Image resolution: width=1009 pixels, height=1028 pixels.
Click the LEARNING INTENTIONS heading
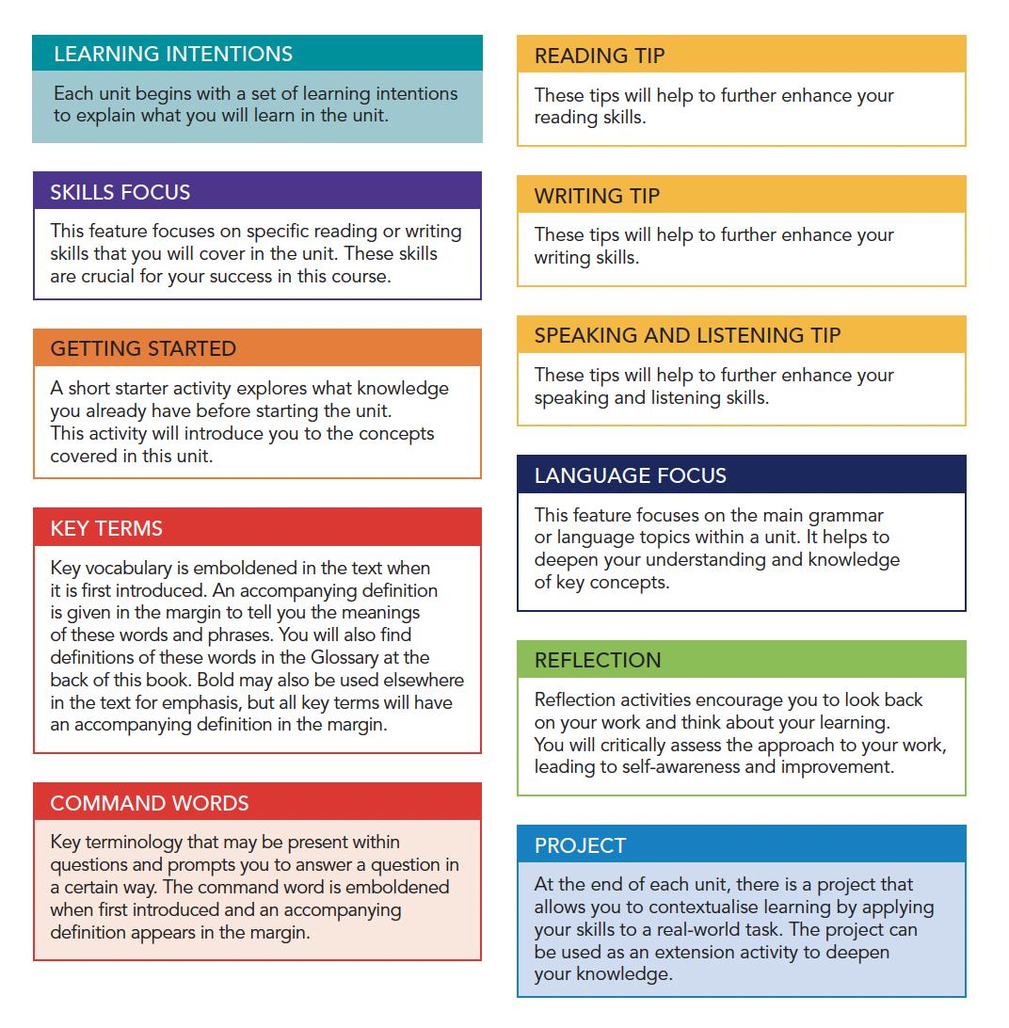[173, 54]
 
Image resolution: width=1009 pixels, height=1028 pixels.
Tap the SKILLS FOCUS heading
[120, 192]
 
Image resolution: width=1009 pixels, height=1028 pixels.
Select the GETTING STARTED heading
[143, 348]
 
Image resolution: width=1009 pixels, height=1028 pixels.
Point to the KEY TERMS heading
[106, 528]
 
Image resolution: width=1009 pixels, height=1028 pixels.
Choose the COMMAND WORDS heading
[150, 803]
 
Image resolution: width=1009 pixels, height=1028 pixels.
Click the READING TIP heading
[600, 56]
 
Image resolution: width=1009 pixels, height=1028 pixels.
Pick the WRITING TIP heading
[597, 196]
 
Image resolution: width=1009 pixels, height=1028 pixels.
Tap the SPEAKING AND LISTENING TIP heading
[687, 335]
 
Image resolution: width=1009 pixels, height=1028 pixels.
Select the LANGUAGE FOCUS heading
[631, 475]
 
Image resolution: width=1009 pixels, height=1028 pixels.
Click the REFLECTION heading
[598, 660]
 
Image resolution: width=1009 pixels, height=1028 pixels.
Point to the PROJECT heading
[580, 845]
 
